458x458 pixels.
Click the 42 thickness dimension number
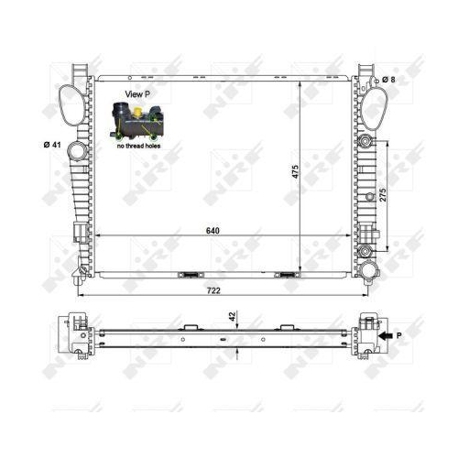[x=232, y=316]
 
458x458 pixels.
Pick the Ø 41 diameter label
[x=51, y=144]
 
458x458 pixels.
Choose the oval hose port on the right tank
[x=374, y=107]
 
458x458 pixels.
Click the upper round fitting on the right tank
[x=366, y=142]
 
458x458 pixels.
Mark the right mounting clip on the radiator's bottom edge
[x=286, y=273]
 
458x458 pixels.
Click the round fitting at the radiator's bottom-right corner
[x=369, y=270]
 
